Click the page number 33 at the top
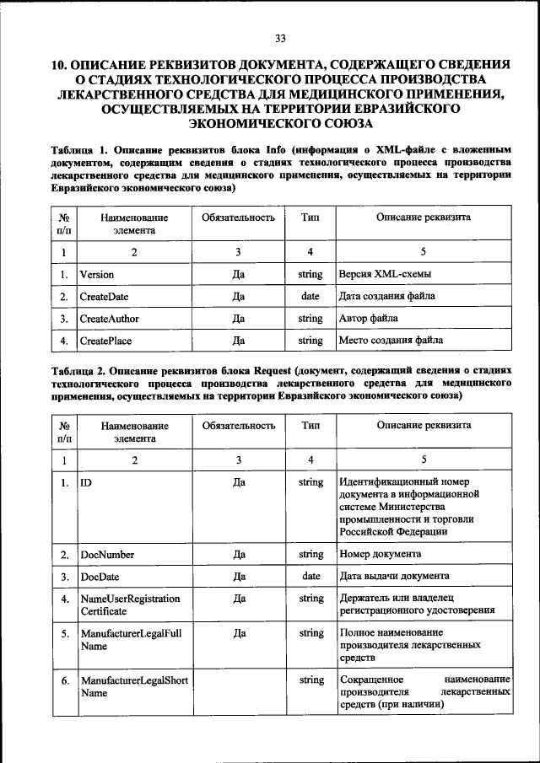tap(281, 38)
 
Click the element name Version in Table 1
tap(97, 275)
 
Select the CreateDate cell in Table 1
tap(104, 297)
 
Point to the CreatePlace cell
tap(105, 341)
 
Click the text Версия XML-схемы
tap(385, 275)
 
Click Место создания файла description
tap(390, 341)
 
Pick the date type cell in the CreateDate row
tap(310, 297)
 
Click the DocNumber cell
tap(106, 555)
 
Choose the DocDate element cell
tap(100, 577)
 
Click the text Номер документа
tap(381, 555)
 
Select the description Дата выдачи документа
tap(393, 577)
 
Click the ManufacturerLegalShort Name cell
tap(133, 686)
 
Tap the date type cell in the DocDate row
tap(310, 577)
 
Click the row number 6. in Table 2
tap(64, 680)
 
